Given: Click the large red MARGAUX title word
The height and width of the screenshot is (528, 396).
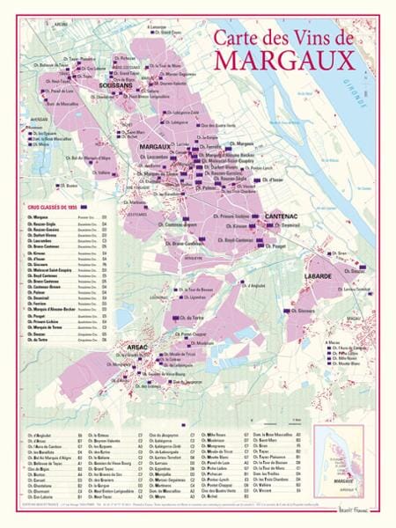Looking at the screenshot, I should pos(294,60).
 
